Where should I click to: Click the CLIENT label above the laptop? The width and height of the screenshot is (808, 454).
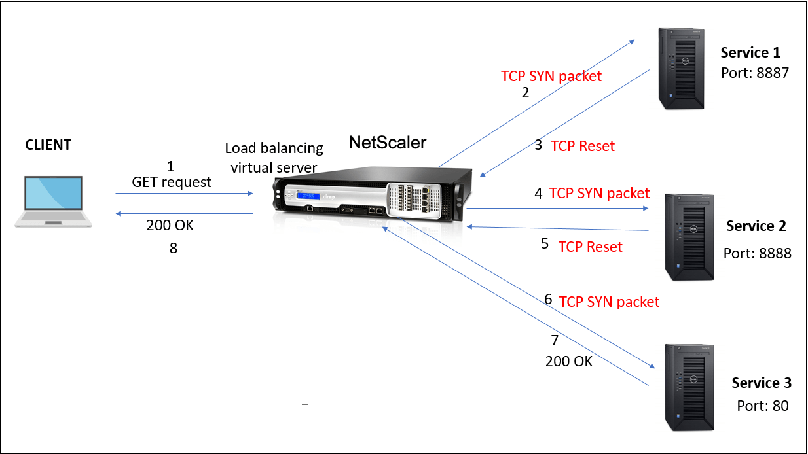[x=48, y=145]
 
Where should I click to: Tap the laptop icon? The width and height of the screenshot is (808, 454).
[x=54, y=201]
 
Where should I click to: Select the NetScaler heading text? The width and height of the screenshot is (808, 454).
[x=387, y=142]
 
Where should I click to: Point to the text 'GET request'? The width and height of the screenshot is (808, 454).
[x=172, y=183]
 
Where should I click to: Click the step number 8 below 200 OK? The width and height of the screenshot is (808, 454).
[x=173, y=249]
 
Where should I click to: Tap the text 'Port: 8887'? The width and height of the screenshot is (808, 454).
[x=755, y=73]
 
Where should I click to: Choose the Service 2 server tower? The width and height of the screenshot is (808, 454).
[x=689, y=237]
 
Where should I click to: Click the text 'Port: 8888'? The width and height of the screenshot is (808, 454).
[x=757, y=253]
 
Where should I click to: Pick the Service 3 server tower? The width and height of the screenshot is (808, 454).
[x=689, y=388]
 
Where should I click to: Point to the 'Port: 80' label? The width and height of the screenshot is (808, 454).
[x=762, y=406]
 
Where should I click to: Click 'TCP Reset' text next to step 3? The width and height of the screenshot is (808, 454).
[x=583, y=146]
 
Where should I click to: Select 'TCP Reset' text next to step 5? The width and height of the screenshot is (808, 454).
[x=590, y=247]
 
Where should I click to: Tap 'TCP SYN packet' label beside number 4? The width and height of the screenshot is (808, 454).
[x=599, y=193]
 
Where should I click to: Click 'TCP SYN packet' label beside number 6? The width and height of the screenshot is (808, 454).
[x=609, y=302]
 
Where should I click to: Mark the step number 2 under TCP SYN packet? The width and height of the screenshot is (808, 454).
[x=525, y=92]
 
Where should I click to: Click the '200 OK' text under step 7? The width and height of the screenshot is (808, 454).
[x=568, y=360]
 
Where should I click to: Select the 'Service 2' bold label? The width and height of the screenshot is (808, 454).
[x=756, y=226]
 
